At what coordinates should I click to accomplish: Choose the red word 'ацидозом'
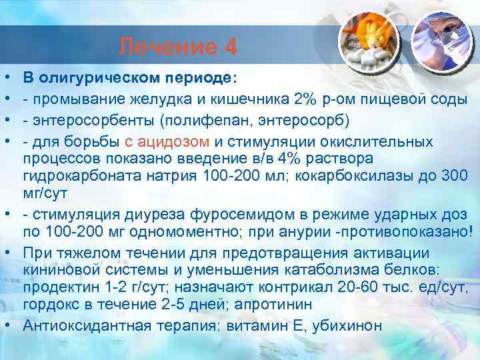183,142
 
